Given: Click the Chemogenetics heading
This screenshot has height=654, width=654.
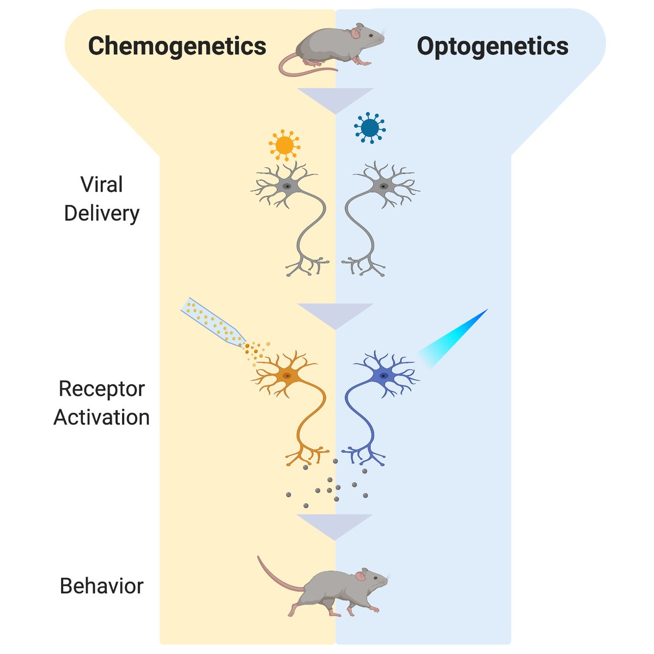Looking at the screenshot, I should point(177,46).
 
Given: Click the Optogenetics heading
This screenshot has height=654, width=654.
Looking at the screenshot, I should point(493,46).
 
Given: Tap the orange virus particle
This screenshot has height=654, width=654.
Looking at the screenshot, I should point(284,145).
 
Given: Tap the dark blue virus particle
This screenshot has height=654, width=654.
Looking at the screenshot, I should point(370,128).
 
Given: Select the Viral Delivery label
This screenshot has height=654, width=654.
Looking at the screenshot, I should point(102,199).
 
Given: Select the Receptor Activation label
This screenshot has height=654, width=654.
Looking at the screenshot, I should point(102,403).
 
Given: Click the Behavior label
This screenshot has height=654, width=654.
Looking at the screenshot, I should point(102,586).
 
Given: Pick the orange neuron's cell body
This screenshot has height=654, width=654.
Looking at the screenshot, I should point(287,376).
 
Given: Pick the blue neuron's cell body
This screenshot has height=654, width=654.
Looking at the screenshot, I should point(384,376).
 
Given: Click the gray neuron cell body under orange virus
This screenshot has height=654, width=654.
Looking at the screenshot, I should point(287,186).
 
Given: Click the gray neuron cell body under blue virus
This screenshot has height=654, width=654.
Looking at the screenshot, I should point(384,186).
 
